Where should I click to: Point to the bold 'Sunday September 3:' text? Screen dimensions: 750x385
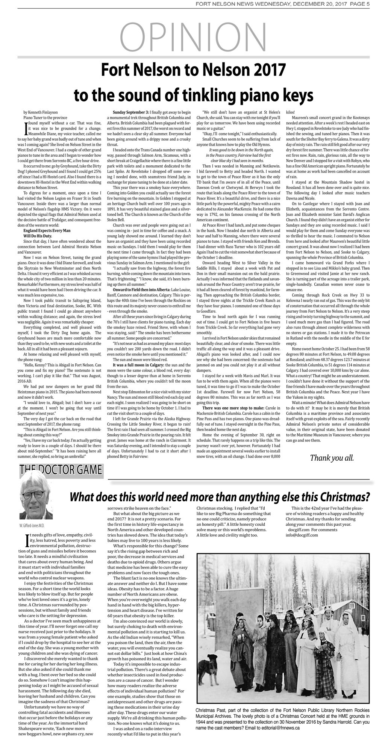131,112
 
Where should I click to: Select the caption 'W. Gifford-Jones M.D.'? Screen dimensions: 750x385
32,525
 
